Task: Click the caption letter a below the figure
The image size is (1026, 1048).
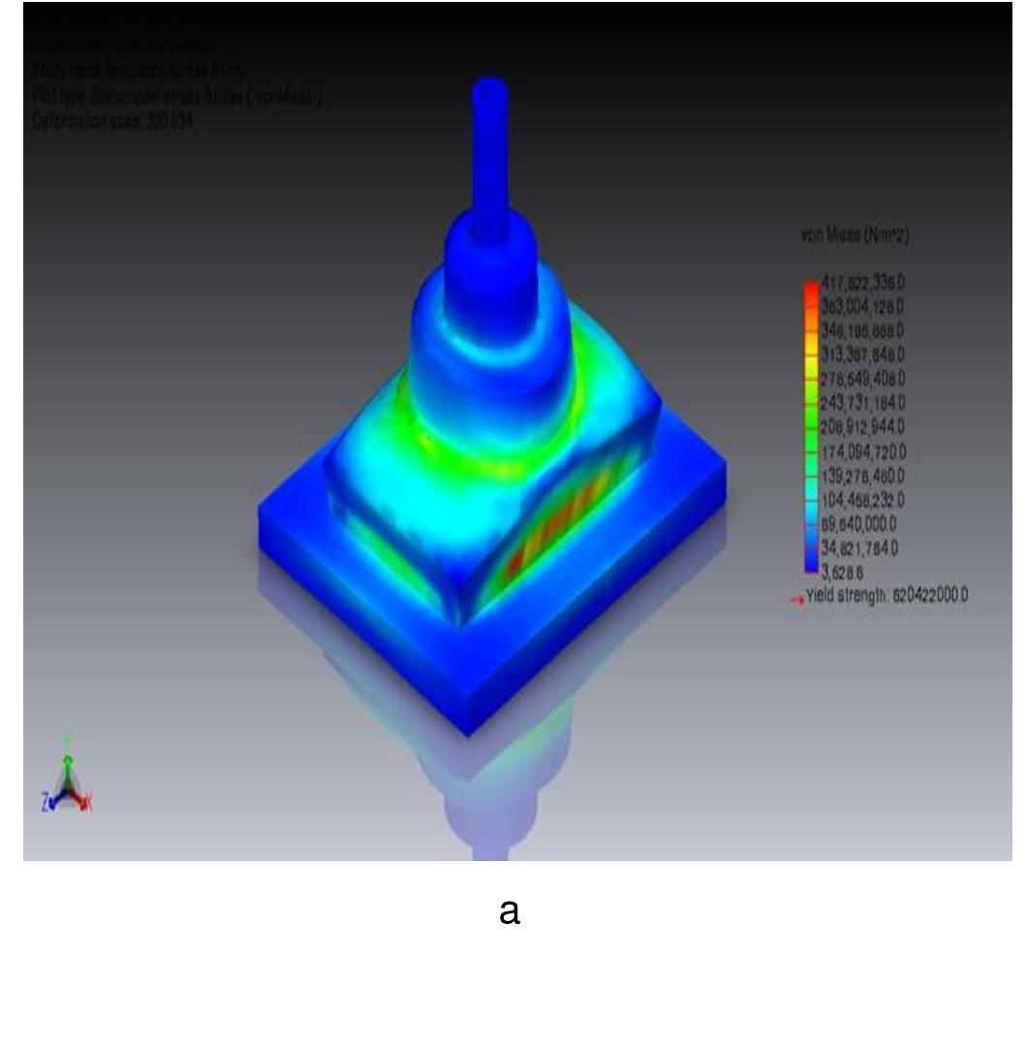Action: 509,912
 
